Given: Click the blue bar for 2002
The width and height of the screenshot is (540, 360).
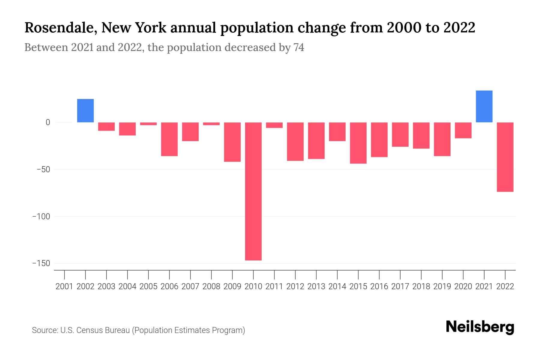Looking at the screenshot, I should [x=85, y=110].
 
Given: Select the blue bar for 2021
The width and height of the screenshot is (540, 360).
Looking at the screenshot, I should [x=484, y=106].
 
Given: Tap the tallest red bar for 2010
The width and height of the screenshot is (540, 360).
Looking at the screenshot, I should [x=253, y=191].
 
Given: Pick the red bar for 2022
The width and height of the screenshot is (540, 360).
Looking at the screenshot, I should [x=505, y=157].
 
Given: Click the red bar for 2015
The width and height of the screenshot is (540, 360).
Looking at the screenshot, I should [x=358, y=143].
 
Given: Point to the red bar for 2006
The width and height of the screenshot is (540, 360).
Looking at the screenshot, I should [x=169, y=139].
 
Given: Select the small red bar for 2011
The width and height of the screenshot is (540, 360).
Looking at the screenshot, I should [x=274, y=125].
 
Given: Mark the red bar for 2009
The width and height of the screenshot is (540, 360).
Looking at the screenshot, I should [x=232, y=142].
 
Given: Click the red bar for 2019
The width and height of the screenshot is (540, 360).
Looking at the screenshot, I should [x=442, y=139].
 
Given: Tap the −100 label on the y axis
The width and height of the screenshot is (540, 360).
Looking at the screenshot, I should [x=41, y=216].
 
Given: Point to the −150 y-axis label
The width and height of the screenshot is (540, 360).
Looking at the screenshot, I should [x=41, y=263].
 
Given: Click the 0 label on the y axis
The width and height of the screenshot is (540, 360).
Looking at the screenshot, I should [x=48, y=122].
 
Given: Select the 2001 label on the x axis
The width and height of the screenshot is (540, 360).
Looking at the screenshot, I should [x=64, y=286].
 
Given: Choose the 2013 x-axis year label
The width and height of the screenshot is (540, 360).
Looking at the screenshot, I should [x=316, y=286].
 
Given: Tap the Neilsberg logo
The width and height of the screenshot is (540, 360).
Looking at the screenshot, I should [x=480, y=327].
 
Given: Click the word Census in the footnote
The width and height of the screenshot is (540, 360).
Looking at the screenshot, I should [x=88, y=330].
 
